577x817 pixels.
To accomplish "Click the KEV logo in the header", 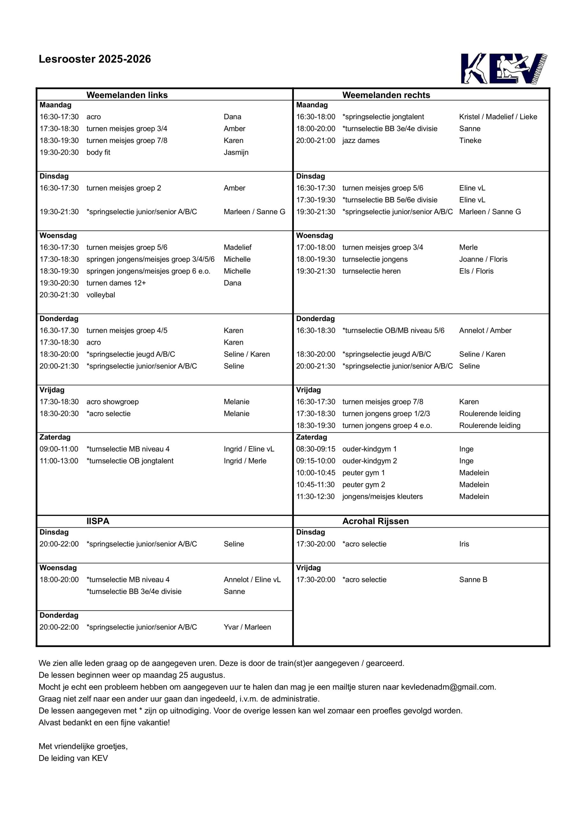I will tap(504, 69).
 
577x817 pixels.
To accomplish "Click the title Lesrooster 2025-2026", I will tap(95, 59).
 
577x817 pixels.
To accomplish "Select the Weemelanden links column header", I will tap(127, 95).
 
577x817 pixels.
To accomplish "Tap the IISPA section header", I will tap(98, 521).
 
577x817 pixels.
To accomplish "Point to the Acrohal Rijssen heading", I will tap(375, 521).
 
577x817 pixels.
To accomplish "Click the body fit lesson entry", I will tap(98, 152).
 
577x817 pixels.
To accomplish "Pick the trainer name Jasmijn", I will tap(236, 152).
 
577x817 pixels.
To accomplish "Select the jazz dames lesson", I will tap(361, 140).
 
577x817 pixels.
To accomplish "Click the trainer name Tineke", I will tap(470, 140).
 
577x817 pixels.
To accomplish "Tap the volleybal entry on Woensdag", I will tap(101, 295).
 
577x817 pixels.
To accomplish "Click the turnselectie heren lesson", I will tap(371, 271).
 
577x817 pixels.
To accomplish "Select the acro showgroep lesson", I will tap(112, 402).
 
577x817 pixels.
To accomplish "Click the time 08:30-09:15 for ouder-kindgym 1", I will tap(315, 449).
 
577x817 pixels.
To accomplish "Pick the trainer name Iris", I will tap(464, 544).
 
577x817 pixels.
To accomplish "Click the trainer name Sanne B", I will tap(473, 580).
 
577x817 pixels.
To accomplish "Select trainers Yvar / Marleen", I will tap(247, 627).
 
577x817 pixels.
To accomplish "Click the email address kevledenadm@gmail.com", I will tap(448, 687).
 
